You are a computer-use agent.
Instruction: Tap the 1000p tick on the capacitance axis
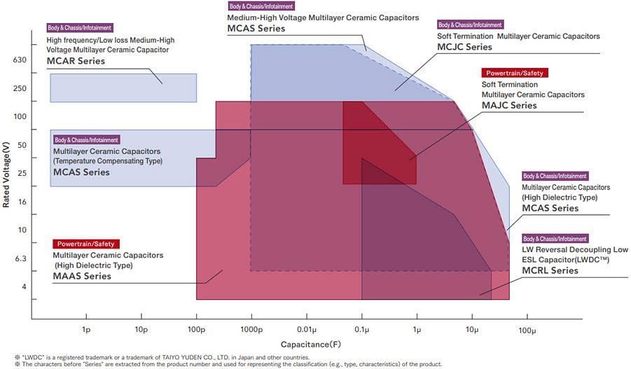tap(251, 329)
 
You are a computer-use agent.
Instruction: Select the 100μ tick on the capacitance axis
tap(527, 329)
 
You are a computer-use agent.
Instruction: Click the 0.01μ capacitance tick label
tap(306, 329)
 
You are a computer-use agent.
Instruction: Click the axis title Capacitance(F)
tap(312, 344)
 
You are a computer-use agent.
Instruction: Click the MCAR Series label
tap(76, 61)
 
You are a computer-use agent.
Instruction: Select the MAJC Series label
tap(509, 106)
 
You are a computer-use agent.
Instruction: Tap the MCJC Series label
tap(465, 47)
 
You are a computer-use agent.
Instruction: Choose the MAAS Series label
tap(82, 276)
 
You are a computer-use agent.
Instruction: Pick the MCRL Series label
tap(550, 270)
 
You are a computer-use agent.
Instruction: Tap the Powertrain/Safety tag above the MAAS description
tap(85, 244)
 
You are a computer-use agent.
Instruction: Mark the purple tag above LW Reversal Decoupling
tap(555, 239)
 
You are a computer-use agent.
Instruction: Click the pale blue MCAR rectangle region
tap(123, 88)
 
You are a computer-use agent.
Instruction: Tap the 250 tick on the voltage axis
tap(19, 88)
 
